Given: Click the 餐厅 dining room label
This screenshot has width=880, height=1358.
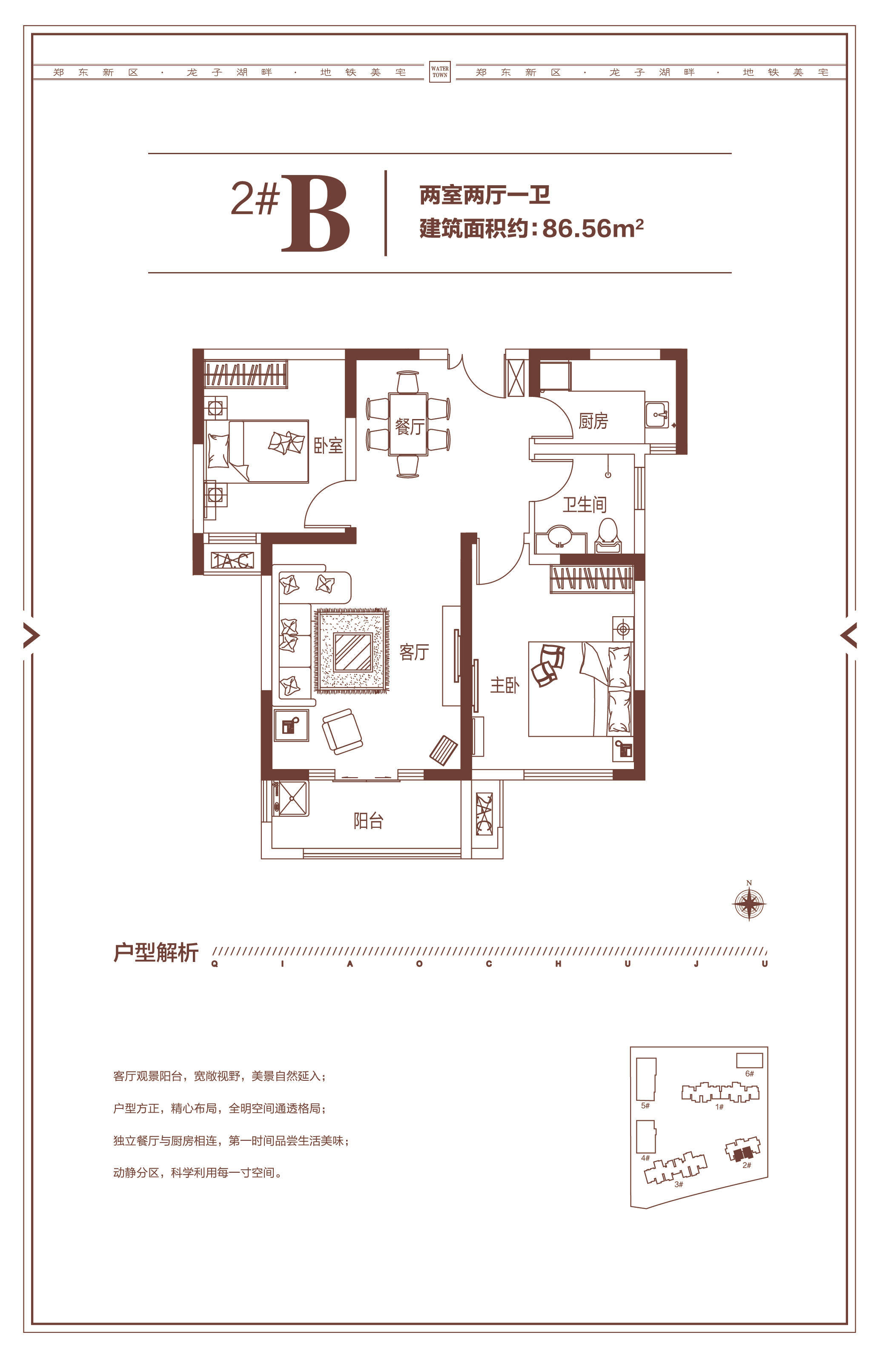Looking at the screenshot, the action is [409, 426].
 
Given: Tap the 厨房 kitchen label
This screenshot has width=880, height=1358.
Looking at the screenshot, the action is [593, 421].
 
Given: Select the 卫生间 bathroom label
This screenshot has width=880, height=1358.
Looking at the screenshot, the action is [584, 504].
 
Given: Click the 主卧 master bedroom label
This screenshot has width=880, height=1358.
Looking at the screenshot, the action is [505, 685].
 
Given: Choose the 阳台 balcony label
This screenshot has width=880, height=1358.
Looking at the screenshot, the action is [368, 821].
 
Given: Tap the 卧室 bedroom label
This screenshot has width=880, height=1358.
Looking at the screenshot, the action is [329, 445].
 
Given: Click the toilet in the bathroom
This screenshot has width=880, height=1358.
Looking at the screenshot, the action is [608, 535].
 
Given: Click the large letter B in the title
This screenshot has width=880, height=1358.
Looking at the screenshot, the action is [315, 213].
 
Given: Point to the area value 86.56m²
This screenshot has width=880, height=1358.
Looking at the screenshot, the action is [593, 228].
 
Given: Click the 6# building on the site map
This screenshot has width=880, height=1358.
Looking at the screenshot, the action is [749, 1059].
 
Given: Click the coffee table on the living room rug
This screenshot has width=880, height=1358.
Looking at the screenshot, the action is [353, 652].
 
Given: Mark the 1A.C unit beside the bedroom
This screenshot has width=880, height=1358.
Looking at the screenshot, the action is [232, 560].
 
